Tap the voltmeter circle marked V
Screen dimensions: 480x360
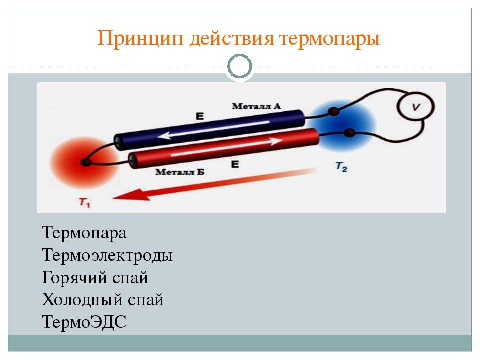coord(415,106)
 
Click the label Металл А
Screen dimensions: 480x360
coord(256,106)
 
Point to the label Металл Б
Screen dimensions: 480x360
coord(180,172)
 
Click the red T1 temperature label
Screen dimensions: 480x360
coord(84,202)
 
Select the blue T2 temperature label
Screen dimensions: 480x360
coord(341,167)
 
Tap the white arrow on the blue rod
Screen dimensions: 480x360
coord(214,129)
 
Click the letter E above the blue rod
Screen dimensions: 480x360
coord(200,116)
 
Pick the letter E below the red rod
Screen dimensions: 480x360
coord(235,164)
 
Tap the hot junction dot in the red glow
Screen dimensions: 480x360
coord(86,162)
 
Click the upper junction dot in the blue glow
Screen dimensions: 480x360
coord(334,111)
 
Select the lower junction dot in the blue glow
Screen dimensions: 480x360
coord(350,133)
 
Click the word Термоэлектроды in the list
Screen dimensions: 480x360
coord(107,256)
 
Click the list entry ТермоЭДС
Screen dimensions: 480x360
coord(84,322)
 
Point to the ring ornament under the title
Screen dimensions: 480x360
coord(240,66)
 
